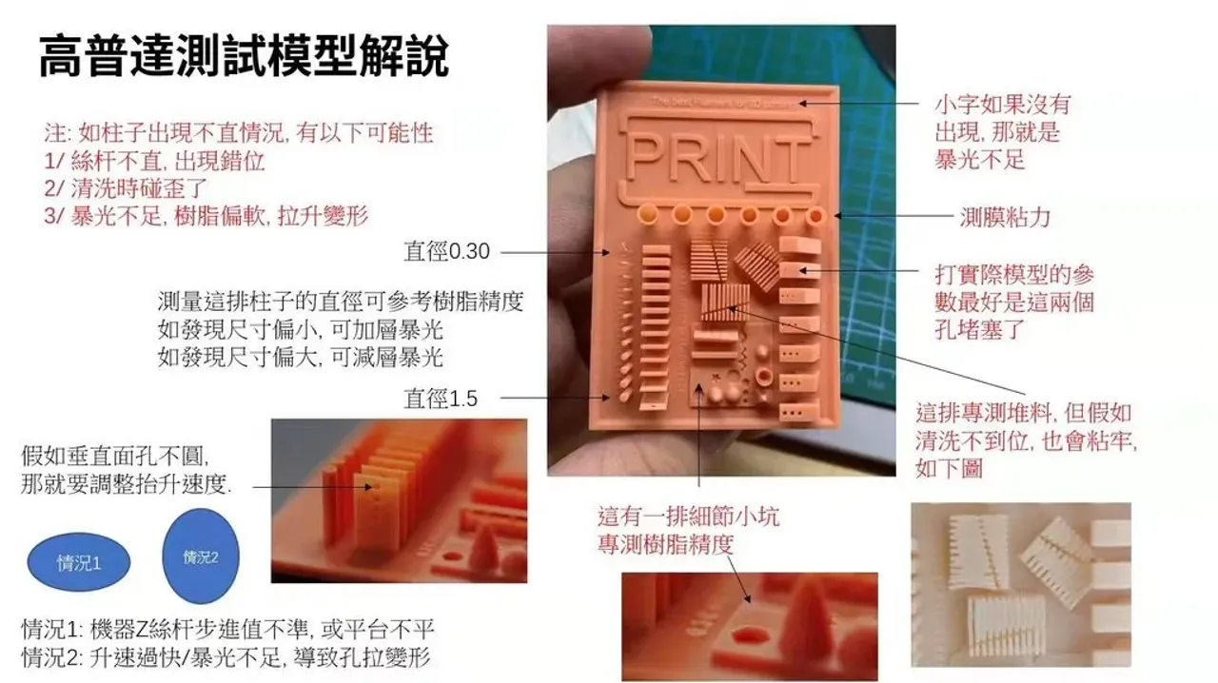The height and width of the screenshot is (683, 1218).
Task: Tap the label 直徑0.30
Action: point(446,252)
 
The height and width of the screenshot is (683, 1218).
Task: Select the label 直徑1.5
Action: point(441,399)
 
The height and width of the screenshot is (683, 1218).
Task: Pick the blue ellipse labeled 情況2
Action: point(201,557)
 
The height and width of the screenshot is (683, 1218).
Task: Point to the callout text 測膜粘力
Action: point(1004,217)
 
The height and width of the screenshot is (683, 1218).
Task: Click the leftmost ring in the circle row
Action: point(649,213)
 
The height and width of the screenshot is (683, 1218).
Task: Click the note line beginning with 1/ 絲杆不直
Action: point(154,161)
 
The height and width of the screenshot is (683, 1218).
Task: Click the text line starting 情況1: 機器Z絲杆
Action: point(227,630)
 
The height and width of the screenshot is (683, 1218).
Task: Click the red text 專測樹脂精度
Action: point(665,545)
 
